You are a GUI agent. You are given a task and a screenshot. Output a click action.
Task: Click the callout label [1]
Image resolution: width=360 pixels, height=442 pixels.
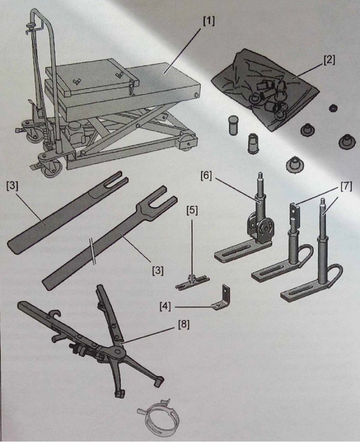[209, 21]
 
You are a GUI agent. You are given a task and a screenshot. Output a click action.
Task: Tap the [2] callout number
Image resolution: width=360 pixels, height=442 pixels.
[329, 60]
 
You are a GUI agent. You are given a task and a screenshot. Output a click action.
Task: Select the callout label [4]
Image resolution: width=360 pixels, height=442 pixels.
[165, 306]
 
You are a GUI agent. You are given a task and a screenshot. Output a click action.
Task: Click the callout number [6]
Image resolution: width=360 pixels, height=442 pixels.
[206, 176]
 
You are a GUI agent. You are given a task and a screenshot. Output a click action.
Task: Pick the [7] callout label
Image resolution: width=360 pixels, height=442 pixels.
[346, 186]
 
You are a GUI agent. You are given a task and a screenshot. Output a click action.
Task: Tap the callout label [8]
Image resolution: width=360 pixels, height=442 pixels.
[184, 325]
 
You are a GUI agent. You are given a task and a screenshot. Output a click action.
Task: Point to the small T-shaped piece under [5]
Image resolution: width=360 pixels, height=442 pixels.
[192, 283]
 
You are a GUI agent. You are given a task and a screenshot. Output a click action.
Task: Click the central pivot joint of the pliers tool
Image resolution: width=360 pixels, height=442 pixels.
[117, 352]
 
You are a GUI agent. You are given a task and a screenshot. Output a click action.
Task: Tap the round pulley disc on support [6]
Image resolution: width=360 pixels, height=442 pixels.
[265, 229]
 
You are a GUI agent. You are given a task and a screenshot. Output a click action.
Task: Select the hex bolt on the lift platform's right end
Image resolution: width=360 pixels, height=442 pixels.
[196, 95]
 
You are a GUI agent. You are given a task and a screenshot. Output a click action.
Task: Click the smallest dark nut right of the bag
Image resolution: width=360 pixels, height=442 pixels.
[333, 108]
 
